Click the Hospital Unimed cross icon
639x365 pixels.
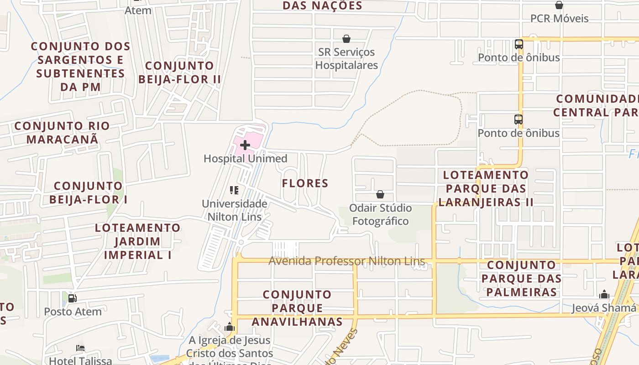click(245, 146)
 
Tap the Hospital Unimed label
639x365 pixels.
click(245, 159)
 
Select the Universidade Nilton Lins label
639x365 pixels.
click(235, 210)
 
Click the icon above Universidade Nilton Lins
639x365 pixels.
click(234, 190)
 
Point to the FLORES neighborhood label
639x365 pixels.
click(305, 183)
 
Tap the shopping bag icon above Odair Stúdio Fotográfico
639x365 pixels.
click(380, 195)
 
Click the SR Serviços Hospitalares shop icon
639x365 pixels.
click(346, 39)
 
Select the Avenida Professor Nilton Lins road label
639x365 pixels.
click(346, 261)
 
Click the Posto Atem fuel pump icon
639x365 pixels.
click(72, 298)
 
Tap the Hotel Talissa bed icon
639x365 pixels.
click(80, 348)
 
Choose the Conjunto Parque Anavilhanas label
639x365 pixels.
click(297, 308)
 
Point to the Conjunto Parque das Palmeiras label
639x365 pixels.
click(521, 278)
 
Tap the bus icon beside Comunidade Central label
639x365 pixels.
click(519, 120)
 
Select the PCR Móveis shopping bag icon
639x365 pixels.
click(559, 5)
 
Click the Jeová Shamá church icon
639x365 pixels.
click(604, 294)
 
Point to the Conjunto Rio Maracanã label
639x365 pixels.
click(62, 132)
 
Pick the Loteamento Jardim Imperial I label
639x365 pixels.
click(137, 241)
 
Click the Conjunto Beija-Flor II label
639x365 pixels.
click(179, 72)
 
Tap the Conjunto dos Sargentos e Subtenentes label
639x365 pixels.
click(80, 66)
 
